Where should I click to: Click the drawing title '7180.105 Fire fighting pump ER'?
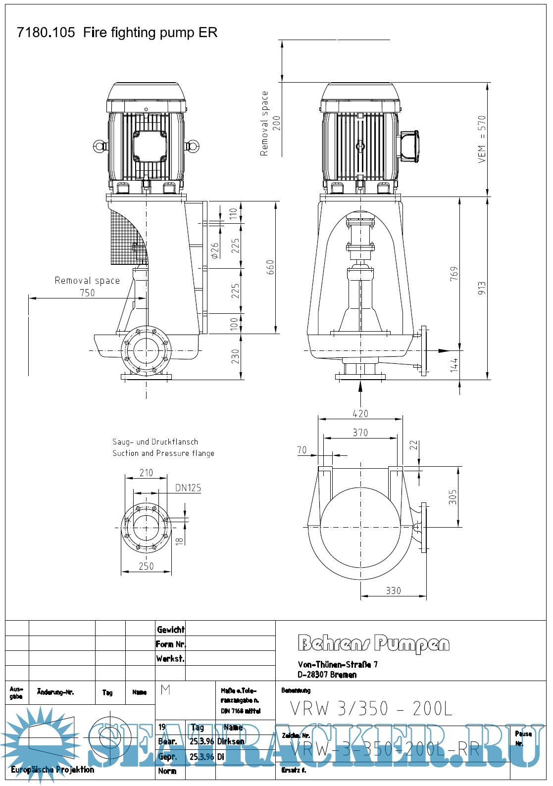(117, 33)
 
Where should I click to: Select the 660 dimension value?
(270, 267)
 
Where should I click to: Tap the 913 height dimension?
(482, 289)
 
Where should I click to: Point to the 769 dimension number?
(454, 274)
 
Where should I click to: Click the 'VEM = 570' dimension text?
(482, 140)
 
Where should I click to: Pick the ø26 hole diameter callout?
(215, 250)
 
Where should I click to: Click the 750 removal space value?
(87, 293)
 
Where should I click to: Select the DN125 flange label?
(188, 488)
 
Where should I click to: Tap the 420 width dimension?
(360, 414)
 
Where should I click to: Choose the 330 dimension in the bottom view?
(393, 590)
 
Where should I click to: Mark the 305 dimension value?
(452, 497)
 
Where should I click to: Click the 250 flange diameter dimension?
(146, 566)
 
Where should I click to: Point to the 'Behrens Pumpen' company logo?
(374, 643)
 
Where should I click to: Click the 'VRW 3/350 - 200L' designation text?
(371, 709)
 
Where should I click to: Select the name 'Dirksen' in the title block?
(231, 741)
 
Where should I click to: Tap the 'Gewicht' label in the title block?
(170, 630)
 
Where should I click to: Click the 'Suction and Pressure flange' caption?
(163, 453)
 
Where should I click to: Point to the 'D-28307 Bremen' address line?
(327, 675)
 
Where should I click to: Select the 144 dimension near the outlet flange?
(454, 365)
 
